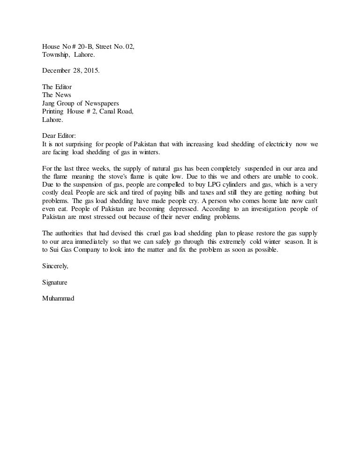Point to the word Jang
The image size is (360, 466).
tap(49, 103)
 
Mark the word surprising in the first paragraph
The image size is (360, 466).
tap(75, 144)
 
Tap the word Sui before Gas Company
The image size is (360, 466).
tap(55, 250)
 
